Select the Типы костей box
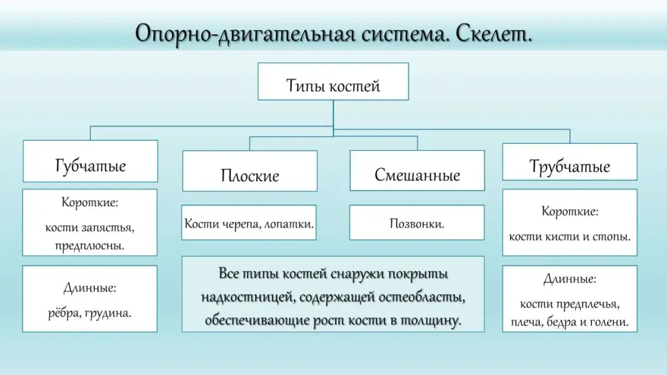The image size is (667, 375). [333, 82]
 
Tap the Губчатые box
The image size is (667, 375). [91, 161]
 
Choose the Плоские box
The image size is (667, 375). [249, 171]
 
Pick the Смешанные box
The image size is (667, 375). [417, 171]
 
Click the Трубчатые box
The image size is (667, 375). [569, 162]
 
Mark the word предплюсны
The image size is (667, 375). [90, 245]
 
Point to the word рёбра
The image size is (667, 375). [64, 312]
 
